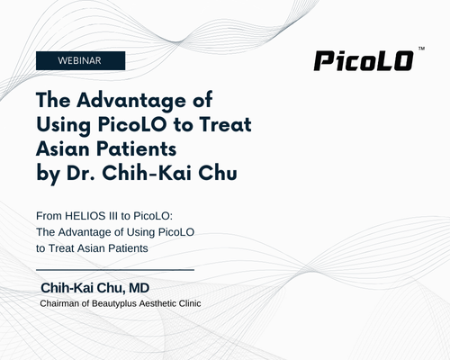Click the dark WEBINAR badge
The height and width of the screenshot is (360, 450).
click(80, 60)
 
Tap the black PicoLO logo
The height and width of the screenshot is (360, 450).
click(364, 61)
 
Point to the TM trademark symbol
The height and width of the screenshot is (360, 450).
click(421, 49)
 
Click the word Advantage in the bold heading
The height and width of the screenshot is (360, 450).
click(131, 101)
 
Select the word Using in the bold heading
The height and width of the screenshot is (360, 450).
click(63, 125)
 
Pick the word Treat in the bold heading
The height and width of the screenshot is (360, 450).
click(225, 124)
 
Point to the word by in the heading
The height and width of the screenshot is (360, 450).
click(48, 174)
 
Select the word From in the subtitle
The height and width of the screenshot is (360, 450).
click(49, 216)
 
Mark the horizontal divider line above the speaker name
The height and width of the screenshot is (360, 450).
click(115, 270)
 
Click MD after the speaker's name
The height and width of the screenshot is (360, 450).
click(139, 288)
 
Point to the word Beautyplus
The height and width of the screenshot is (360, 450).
click(114, 304)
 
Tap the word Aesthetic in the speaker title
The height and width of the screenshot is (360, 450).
click(157, 303)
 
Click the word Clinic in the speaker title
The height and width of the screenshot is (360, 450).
click(190, 303)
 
